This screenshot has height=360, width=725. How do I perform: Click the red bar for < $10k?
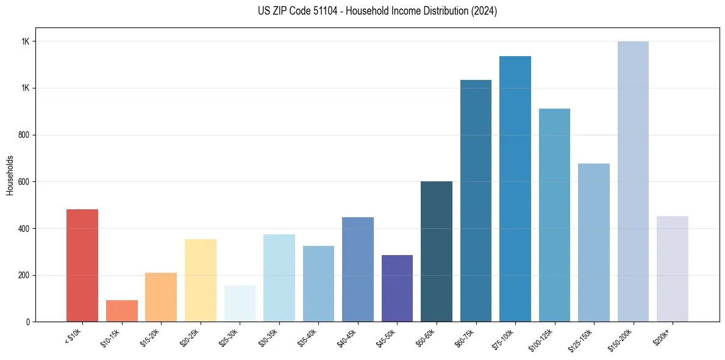point(82,265)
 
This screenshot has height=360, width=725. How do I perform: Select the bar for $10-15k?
point(121,311)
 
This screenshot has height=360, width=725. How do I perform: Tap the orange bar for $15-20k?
point(161,297)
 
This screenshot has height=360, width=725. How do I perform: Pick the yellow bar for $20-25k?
point(200,280)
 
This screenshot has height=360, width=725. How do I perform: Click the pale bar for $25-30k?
point(240,303)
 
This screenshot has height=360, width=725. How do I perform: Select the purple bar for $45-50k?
point(397,288)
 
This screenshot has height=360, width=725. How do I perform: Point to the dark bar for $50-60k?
point(437,251)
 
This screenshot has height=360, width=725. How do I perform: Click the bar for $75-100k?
point(515,189)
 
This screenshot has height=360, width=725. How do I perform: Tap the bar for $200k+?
point(673,268)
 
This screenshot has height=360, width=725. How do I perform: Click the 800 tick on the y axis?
point(24,135)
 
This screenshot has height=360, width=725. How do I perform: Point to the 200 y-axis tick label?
point(24,275)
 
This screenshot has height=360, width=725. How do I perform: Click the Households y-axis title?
point(10,175)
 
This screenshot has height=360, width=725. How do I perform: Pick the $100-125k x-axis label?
point(544,339)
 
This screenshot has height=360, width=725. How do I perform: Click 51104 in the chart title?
point(328,11)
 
